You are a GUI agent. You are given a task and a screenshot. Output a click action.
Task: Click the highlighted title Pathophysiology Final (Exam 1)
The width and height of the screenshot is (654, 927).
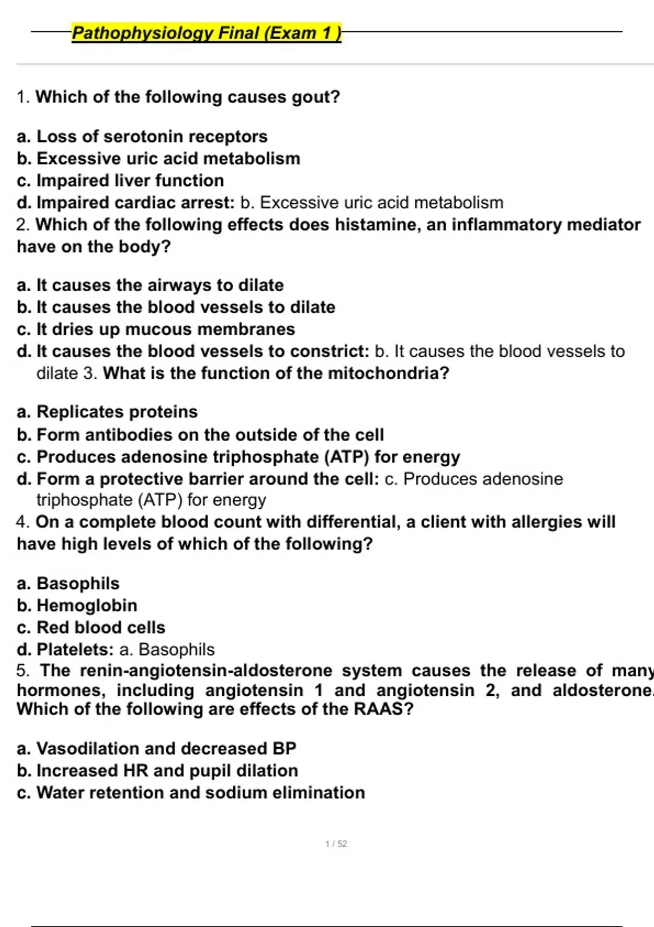(206, 33)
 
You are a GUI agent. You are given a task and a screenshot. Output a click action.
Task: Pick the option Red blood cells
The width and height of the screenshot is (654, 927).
(100, 628)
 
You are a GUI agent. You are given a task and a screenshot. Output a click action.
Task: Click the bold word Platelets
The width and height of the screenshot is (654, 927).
(75, 649)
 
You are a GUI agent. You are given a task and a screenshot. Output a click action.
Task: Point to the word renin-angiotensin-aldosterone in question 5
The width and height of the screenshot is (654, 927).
(206, 670)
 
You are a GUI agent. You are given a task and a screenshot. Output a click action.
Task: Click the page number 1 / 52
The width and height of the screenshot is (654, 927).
(336, 844)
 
